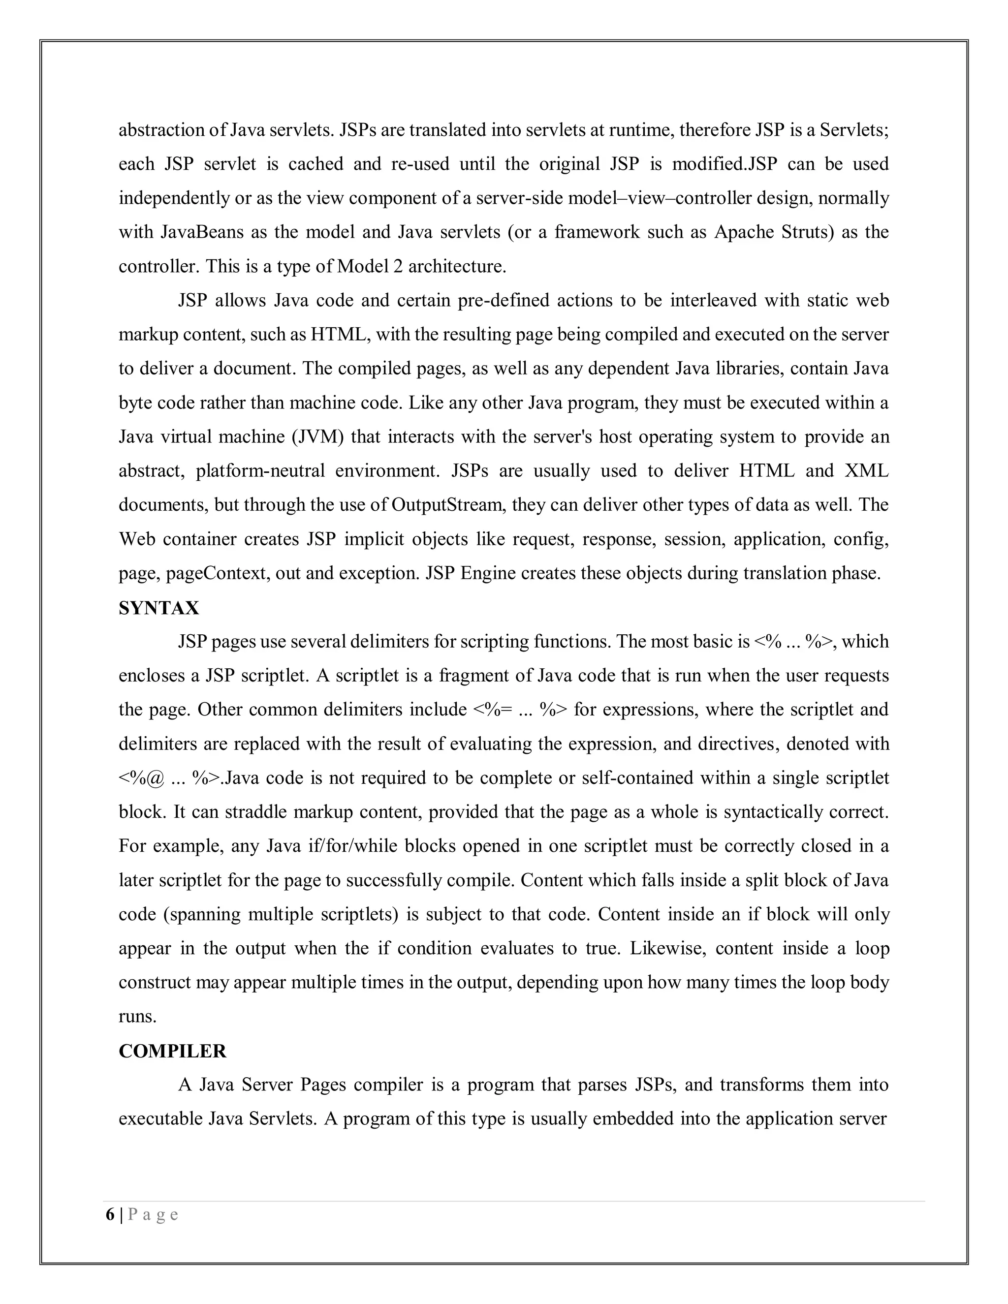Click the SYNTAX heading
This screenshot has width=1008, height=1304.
(x=159, y=608)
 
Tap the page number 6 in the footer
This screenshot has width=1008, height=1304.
(x=110, y=1215)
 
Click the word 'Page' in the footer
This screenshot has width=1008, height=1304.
(x=153, y=1215)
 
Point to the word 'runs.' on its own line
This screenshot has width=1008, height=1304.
(x=137, y=1017)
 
